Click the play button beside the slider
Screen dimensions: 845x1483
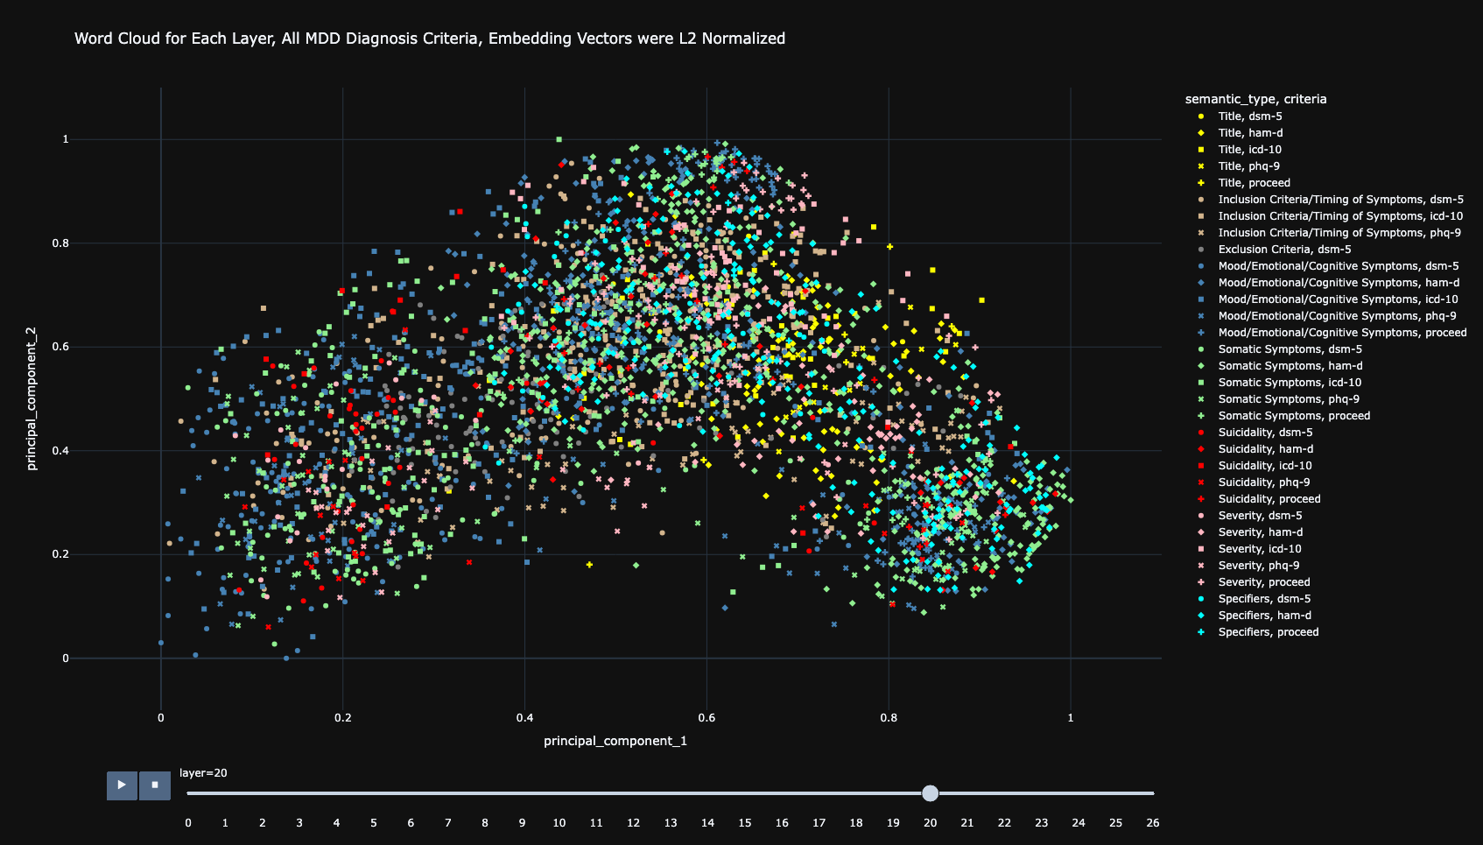[122, 785]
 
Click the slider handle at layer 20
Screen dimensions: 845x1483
[930, 793]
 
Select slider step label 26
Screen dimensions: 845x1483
[1153, 823]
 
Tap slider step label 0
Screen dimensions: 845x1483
[188, 823]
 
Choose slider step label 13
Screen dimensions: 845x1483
[671, 823]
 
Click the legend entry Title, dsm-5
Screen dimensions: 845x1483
[1249, 116]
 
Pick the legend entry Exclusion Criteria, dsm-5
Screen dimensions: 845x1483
[1284, 250]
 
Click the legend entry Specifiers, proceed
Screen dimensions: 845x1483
[1268, 632]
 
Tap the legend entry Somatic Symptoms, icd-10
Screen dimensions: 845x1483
[1290, 383]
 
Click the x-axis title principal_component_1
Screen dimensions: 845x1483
[615, 742]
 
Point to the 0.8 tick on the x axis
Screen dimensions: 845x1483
[889, 718]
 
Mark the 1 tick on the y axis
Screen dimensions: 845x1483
[66, 139]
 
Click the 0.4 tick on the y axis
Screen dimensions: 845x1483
[60, 451]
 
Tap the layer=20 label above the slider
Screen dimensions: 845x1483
[203, 773]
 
